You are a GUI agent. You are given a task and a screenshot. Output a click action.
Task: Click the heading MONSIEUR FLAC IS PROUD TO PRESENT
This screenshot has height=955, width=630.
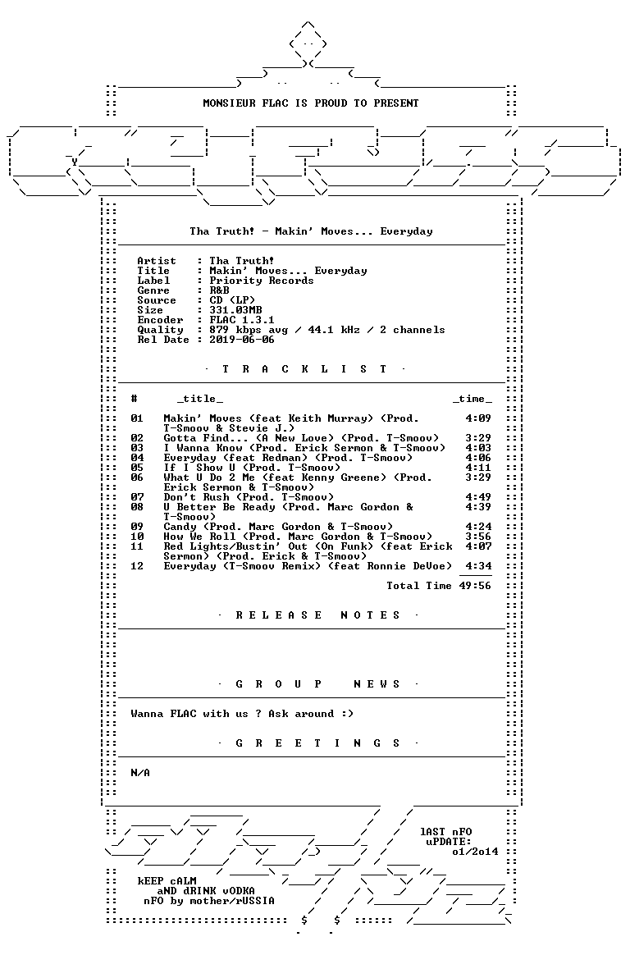pos(310,103)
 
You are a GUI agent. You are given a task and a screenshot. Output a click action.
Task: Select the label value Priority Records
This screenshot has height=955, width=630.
pos(261,281)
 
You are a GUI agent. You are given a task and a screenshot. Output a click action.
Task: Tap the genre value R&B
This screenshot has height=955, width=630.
pos(219,290)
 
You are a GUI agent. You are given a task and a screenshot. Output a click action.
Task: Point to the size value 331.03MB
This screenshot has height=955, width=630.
pos(235,310)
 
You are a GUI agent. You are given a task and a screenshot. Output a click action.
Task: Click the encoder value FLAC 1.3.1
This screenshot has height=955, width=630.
pos(242,320)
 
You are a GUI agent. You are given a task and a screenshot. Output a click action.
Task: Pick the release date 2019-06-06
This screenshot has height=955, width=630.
pos(242,339)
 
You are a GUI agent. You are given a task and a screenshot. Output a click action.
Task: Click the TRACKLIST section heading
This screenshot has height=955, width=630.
pos(304,369)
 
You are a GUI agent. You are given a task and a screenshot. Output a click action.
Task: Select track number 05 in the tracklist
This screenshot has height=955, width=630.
pos(137,467)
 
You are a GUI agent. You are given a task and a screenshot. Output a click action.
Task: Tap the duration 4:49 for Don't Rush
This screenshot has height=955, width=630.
pos(478,497)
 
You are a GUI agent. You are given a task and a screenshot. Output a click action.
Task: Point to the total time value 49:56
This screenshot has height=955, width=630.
pos(475,585)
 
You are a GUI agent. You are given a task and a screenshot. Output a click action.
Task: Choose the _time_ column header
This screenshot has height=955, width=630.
pos(472,399)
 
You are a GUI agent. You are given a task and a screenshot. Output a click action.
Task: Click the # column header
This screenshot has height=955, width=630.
pos(134,398)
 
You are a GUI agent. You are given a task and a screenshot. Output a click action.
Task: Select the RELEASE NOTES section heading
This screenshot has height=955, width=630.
pos(317,615)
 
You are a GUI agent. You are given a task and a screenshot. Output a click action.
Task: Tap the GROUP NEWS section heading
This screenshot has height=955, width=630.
pos(317,684)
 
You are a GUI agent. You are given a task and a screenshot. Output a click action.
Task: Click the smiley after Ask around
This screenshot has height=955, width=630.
pos(347,714)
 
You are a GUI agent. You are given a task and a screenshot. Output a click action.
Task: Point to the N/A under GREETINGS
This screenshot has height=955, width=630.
pos(140,773)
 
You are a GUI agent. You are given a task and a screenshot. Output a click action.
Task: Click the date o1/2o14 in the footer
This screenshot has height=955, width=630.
pos(475,852)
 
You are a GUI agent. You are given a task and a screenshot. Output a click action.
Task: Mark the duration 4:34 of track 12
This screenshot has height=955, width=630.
pos(478,566)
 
